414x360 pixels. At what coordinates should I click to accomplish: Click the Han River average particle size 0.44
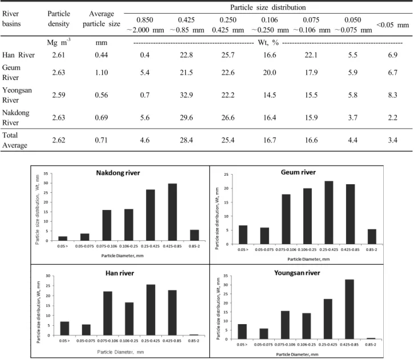[102, 55]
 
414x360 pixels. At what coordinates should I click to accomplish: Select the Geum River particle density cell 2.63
[58, 72]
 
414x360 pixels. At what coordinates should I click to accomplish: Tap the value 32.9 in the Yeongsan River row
[186, 95]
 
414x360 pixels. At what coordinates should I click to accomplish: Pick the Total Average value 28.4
[186, 140]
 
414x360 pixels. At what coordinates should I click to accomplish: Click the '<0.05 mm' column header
[392, 25]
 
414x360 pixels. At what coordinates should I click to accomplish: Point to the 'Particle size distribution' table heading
[268, 7]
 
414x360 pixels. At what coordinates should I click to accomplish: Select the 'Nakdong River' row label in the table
[15, 118]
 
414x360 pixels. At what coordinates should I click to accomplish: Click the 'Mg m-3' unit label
[59, 42]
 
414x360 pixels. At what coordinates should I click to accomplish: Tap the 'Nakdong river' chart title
[118, 173]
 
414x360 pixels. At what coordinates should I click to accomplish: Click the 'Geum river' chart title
[298, 172]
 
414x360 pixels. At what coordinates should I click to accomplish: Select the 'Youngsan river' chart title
[297, 273]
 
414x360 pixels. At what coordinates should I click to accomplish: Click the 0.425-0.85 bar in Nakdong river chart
[172, 212]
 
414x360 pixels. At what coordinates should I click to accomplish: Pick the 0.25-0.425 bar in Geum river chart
[328, 213]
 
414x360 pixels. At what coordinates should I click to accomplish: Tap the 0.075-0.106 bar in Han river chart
[108, 314]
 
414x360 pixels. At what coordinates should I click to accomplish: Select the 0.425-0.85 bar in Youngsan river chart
[350, 309]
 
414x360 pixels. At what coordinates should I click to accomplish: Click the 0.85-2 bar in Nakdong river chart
[194, 235]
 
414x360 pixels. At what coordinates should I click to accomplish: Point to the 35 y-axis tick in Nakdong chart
[46, 173]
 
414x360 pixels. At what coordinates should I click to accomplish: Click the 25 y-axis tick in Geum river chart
[226, 175]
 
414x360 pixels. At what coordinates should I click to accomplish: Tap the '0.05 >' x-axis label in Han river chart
[64, 341]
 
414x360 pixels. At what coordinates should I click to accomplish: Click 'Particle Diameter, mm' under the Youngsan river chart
[297, 354]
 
